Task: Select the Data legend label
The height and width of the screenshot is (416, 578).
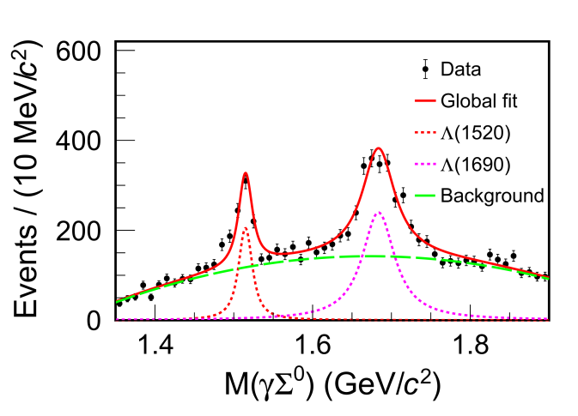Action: click(460, 69)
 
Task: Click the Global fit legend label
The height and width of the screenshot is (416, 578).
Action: click(478, 100)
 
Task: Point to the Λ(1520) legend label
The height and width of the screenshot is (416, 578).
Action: click(475, 132)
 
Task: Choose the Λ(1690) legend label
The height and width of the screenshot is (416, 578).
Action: click(475, 164)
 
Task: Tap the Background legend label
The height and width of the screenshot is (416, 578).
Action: click(491, 196)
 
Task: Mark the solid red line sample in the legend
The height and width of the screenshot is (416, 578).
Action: click(424, 100)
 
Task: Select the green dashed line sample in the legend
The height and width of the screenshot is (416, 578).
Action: click(424, 196)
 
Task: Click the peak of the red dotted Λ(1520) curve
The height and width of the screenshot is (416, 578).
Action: click(245, 227)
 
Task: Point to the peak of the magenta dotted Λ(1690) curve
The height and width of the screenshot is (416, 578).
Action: click(378, 212)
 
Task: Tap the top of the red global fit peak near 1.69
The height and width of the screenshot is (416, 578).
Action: click(378, 148)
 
